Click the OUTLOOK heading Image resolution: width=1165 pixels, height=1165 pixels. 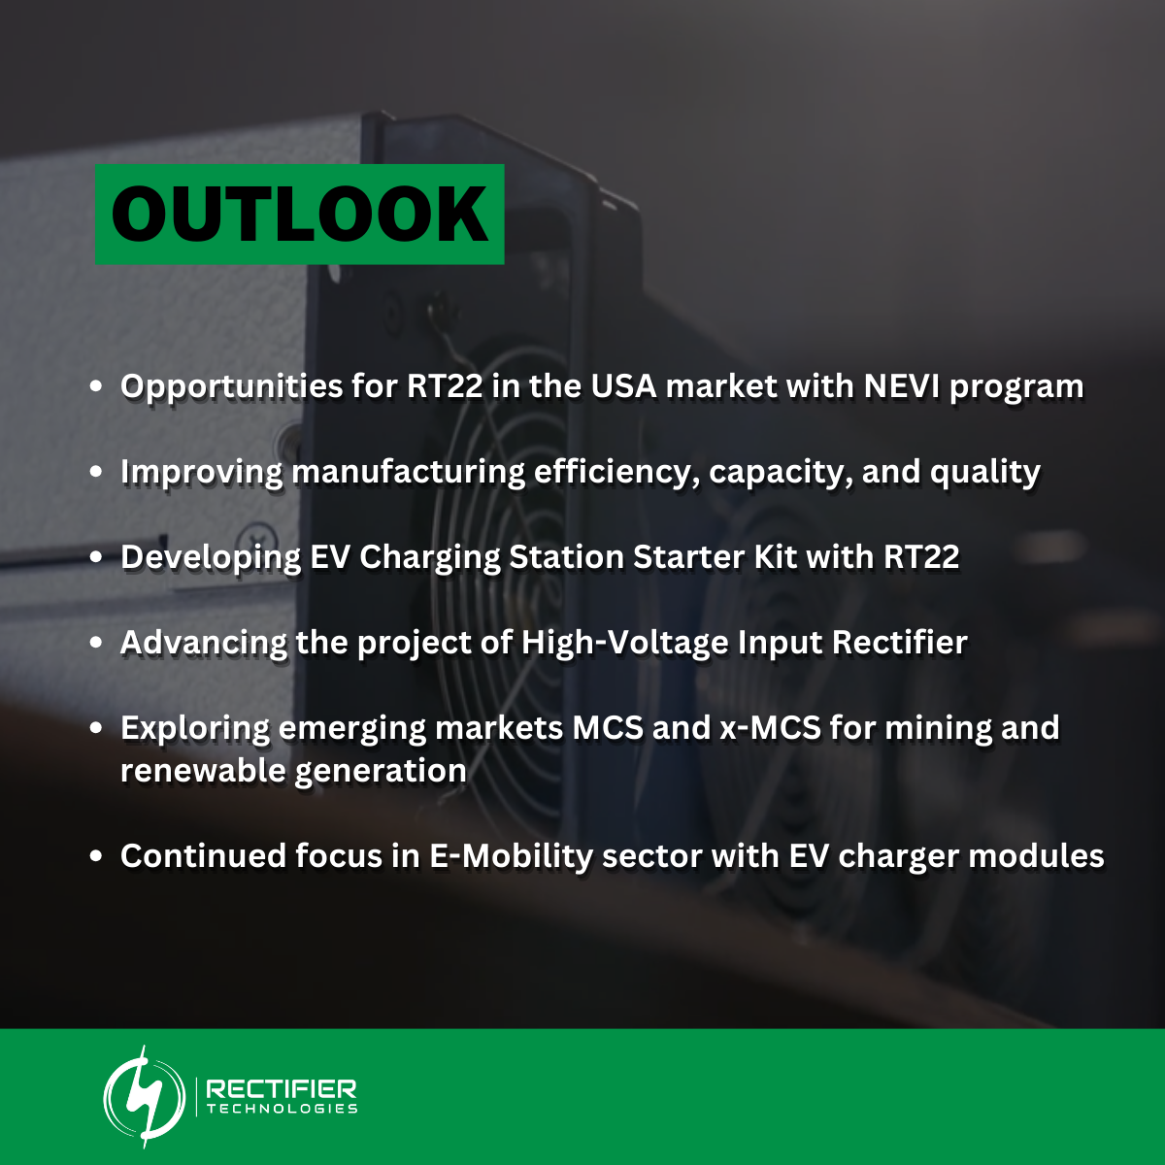[299, 215]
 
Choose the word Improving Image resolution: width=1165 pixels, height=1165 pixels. [201, 472]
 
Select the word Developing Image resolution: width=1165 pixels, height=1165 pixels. [211, 557]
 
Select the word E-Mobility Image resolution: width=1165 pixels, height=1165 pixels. [511, 856]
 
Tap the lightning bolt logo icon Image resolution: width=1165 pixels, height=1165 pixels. [145, 1096]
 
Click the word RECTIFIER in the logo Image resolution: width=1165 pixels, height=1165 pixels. [282, 1088]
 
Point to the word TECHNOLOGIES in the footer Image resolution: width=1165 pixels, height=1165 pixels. [282, 1109]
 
